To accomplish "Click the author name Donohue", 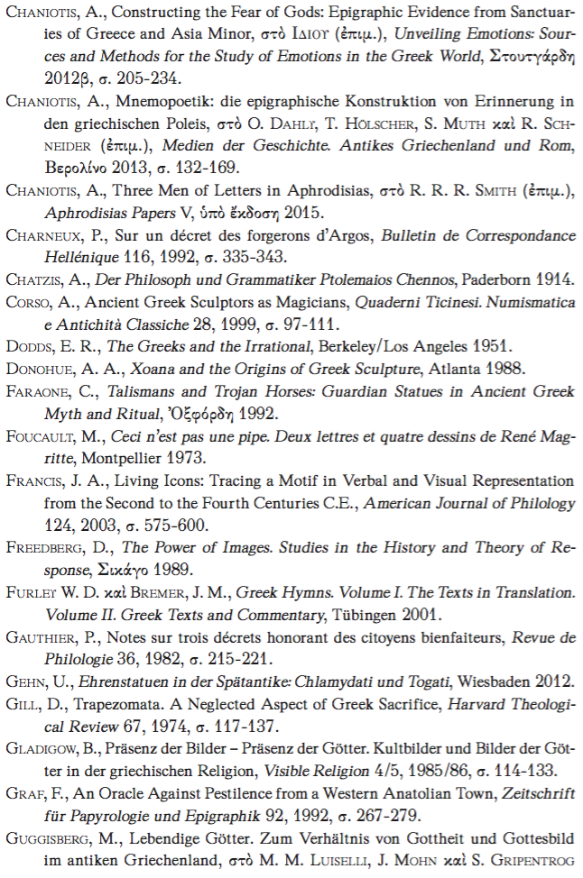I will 40,368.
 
